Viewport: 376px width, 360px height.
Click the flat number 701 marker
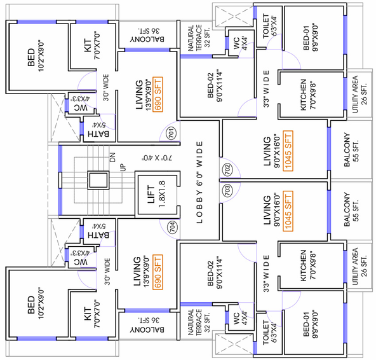171,132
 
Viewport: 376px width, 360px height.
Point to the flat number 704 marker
173,226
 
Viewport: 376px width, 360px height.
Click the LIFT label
151,195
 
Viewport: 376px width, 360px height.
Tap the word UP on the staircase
123,167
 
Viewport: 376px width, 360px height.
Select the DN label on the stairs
112,157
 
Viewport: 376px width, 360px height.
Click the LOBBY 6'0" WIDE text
199,183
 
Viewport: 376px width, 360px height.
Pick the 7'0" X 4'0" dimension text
158,158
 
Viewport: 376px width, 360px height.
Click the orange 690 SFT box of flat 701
158,94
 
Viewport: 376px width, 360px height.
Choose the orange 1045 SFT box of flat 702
288,151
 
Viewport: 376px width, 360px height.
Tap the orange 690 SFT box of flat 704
158,272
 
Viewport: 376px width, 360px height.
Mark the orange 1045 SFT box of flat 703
288,211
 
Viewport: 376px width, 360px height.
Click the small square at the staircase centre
98,180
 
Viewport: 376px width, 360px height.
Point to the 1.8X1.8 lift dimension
162,195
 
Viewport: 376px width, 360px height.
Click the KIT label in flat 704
88,314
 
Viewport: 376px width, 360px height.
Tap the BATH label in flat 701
98,134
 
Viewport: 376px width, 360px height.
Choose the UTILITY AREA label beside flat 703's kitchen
355,267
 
